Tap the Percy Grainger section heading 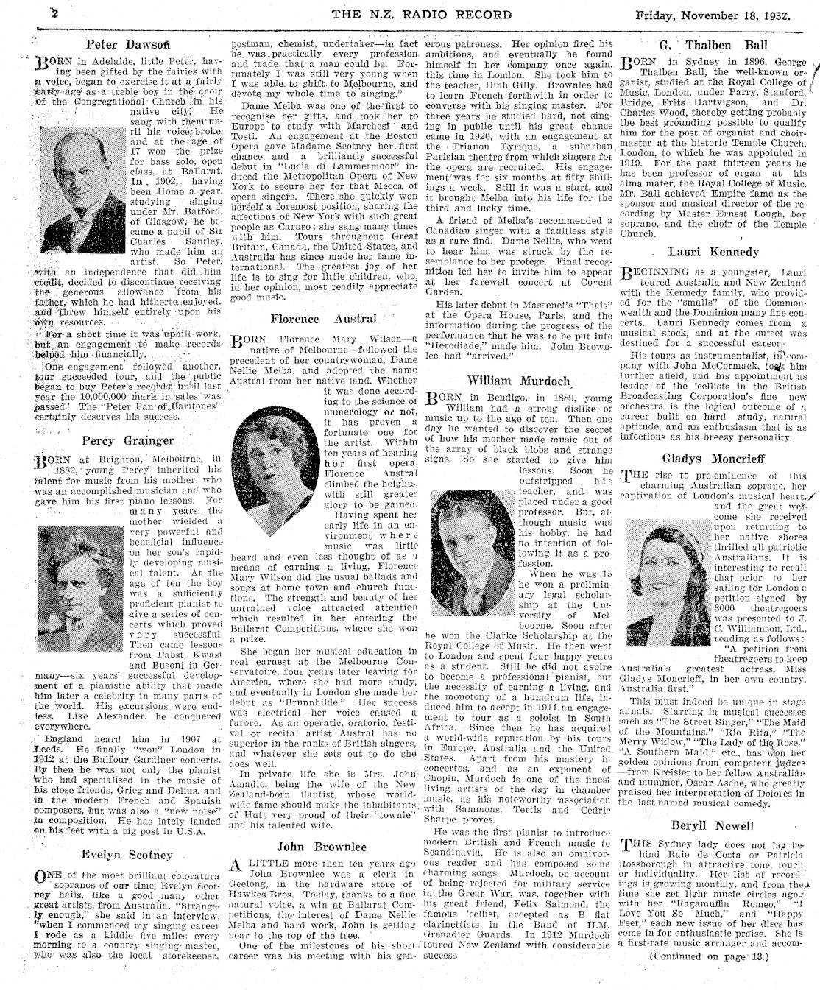click(x=128, y=441)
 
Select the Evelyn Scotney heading click(x=128, y=855)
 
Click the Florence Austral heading click(x=322, y=320)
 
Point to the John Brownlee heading click(x=322, y=847)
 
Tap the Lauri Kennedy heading click(x=713, y=252)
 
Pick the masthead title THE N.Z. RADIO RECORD click(x=422, y=14)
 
